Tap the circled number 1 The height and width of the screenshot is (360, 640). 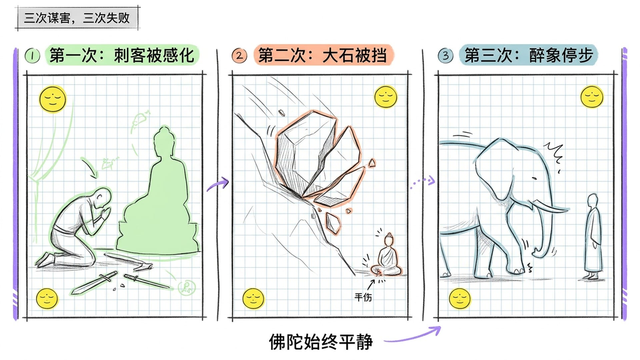click(32, 56)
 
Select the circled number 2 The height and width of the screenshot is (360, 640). click(239, 56)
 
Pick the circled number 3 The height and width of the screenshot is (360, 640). click(445, 56)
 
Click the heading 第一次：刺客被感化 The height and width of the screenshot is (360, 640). click(122, 55)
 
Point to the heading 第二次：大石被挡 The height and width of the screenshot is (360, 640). click(323, 55)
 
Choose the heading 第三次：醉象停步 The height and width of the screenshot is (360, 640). click(529, 55)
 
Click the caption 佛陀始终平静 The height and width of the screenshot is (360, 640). click(321, 342)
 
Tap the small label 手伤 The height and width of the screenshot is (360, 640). click(363, 297)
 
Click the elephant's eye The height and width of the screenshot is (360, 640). click(534, 179)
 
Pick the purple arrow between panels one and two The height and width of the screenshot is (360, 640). click(218, 184)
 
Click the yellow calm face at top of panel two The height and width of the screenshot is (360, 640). click(386, 97)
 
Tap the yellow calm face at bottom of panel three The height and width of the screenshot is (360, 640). click(460, 298)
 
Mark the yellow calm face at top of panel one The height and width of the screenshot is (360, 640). click(53, 99)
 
